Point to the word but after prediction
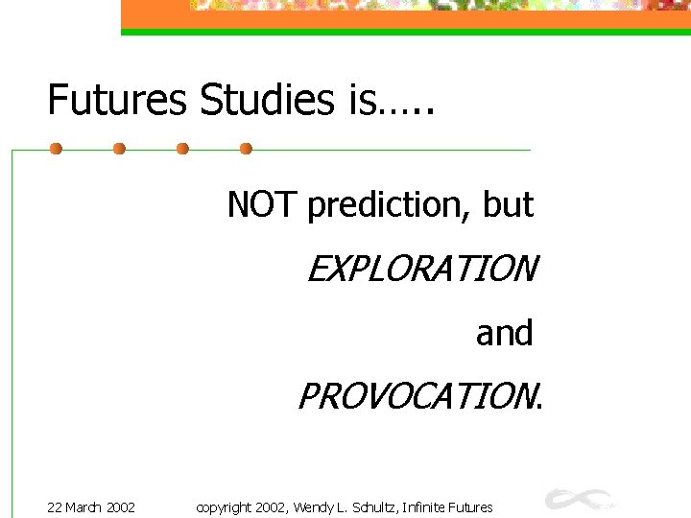(x=509, y=203)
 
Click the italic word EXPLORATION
(x=421, y=270)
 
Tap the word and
(x=504, y=333)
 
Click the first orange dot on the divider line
(x=56, y=149)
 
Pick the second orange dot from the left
(x=119, y=149)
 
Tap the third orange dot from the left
(x=182, y=149)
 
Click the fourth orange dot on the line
(x=246, y=149)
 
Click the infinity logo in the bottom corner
(x=580, y=499)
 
